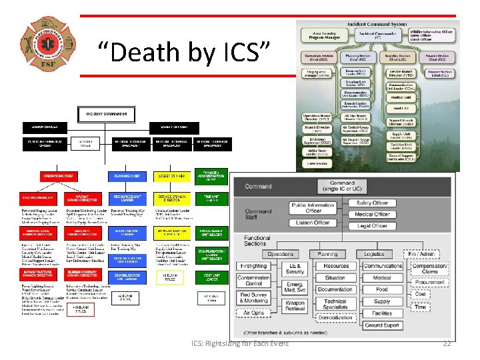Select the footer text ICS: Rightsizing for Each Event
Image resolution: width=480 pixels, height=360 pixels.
[x=239, y=343]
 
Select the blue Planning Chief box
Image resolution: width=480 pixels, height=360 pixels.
[x=127, y=176]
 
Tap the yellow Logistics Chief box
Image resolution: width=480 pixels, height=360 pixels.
[x=173, y=176]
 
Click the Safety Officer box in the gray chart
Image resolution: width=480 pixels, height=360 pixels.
[x=372, y=203]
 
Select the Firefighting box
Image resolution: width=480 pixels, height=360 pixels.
[x=254, y=266]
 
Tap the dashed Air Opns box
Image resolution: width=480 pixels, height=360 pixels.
[x=254, y=312]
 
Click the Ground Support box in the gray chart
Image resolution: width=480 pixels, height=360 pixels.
[x=382, y=325]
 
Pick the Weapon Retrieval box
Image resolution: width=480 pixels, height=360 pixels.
[x=295, y=305]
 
